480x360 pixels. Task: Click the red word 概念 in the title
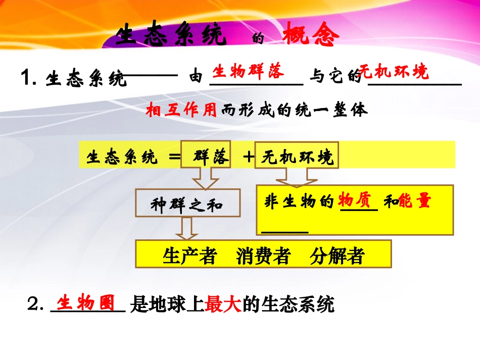click(308, 35)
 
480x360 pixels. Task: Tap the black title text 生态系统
click(170, 35)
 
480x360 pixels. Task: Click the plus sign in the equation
click(248, 157)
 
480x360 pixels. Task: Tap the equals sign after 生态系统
click(174, 157)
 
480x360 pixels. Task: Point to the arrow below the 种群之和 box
click(186, 228)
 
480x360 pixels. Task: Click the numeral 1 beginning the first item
click(27, 79)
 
